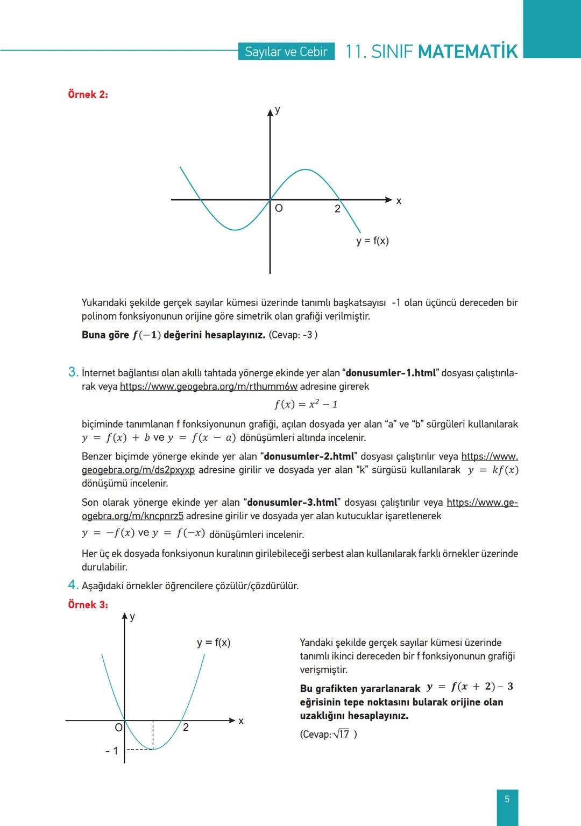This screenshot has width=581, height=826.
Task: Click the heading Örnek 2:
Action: pyautogui.click(x=88, y=94)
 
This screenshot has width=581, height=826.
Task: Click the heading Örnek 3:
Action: pyautogui.click(x=88, y=604)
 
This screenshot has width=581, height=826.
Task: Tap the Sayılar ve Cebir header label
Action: pyautogui.click(x=286, y=52)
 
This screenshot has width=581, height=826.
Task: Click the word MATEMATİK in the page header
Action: pyautogui.click(x=467, y=52)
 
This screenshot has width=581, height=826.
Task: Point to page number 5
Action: pyautogui.click(x=507, y=799)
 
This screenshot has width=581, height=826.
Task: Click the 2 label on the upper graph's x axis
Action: pyautogui.click(x=337, y=209)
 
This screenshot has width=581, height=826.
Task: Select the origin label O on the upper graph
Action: pyautogui.click(x=279, y=208)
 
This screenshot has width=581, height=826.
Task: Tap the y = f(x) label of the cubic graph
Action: pyautogui.click(x=372, y=241)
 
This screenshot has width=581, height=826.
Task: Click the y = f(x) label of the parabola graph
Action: pyautogui.click(x=214, y=643)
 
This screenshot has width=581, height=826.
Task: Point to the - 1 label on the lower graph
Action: pyautogui.click(x=112, y=751)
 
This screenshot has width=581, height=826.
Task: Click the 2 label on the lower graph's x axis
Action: pyautogui.click(x=186, y=728)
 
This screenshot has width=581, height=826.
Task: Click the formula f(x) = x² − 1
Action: pyautogui.click(x=306, y=404)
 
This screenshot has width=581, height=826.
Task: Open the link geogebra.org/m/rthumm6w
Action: pyautogui.click(x=209, y=386)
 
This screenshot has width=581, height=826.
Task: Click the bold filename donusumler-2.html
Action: pyautogui.click(x=309, y=456)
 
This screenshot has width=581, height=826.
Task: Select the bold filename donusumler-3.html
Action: pyautogui.click(x=292, y=502)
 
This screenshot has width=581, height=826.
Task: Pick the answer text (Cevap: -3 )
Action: pyautogui.click(x=293, y=335)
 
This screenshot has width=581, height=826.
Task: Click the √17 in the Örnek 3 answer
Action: pyautogui.click(x=342, y=734)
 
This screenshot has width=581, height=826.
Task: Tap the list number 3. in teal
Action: pyautogui.click(x=73, y=372)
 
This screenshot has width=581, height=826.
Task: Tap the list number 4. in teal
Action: pyautogui.click(x=73, y=585)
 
